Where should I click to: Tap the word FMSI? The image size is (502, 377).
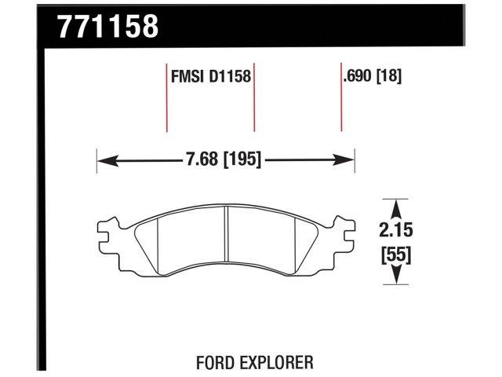185,78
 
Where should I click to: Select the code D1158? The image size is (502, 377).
231,78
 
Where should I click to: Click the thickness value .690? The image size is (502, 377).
356,78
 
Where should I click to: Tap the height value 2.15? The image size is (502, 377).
397,231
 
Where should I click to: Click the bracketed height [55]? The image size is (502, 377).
397,254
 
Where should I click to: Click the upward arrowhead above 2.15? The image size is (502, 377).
397,206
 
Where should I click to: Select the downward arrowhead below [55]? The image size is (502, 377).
397,277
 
